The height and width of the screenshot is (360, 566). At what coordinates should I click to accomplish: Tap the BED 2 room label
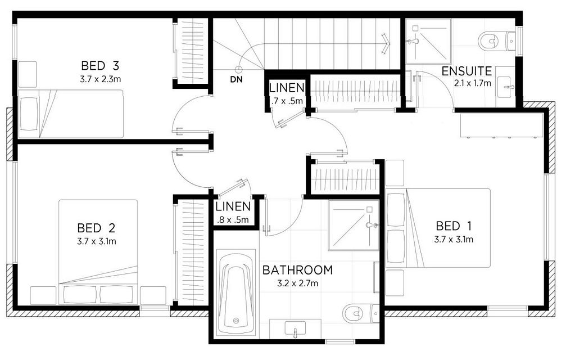96,228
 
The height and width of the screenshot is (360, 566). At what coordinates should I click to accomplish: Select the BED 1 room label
454,226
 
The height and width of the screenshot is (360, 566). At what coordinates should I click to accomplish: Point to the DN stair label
237,80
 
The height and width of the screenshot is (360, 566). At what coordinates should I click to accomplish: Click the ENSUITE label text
467,71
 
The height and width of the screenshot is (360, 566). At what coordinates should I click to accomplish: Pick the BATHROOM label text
297,270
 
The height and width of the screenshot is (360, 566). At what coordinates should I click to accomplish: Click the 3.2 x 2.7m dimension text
297,283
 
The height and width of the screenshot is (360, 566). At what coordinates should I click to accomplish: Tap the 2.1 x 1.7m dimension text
473,83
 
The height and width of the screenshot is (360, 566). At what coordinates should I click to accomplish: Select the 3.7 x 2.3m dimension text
100,79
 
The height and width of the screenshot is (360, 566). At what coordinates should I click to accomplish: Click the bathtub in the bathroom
236,293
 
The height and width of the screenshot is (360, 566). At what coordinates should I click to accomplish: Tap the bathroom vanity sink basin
295,328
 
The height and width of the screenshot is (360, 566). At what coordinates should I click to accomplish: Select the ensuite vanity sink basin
506,87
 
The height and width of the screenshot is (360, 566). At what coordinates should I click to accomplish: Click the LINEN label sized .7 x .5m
287,88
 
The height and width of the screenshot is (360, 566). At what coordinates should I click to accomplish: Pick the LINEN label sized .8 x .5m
233,206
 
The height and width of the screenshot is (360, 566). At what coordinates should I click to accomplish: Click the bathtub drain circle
236,320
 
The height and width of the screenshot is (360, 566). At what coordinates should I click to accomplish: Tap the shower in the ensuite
428,42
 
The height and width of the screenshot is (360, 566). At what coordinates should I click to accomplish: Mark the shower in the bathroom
354,226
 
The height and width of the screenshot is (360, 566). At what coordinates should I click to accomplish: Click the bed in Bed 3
71,114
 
